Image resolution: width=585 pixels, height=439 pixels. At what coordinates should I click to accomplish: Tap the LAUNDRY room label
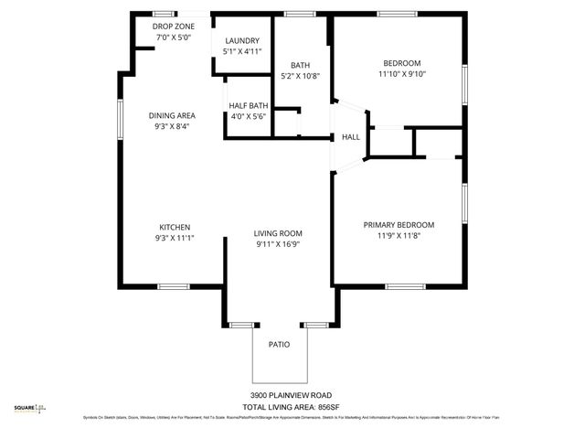242,40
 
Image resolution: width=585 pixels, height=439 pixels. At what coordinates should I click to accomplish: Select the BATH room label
300,65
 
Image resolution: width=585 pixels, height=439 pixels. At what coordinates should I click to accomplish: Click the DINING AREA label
173,115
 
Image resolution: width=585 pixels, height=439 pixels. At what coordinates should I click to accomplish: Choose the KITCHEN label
175,227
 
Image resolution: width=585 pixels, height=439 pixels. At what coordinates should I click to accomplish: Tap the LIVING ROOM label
278,233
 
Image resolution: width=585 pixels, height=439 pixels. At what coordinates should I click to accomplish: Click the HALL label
351,137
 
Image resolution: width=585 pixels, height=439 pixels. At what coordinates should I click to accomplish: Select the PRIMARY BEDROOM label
399,225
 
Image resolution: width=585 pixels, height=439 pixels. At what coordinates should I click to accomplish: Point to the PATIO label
279,345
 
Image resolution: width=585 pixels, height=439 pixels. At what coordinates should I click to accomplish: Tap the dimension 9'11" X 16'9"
278,244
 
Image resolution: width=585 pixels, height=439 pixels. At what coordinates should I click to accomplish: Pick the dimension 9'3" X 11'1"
175,238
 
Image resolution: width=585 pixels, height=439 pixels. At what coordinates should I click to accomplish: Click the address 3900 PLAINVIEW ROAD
280,396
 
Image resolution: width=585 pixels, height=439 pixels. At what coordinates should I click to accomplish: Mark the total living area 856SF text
278,407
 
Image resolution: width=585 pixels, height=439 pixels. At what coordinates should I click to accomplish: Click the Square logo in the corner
29,409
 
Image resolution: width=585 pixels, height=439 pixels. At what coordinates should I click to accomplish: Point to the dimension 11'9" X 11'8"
399,236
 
